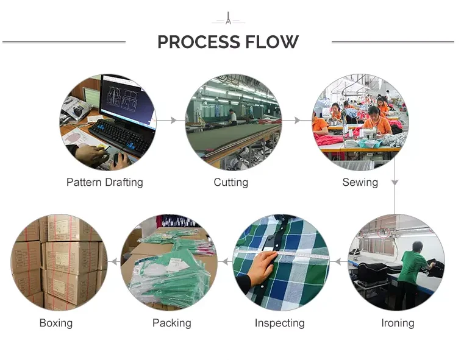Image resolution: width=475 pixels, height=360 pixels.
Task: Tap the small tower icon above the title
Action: pos(228,18)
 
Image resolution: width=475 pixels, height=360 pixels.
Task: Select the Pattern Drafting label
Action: pos(104,182)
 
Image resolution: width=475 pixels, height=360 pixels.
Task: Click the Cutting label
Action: pos(230,182)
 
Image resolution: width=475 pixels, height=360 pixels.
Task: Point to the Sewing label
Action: pos(360,182)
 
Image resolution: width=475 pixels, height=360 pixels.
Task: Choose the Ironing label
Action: pos(397,323)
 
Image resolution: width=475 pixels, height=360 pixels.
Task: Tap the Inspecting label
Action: pos(279,323)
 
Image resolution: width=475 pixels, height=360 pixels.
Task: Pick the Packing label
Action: pos(171,323)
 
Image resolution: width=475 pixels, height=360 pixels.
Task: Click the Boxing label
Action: pos(55,323)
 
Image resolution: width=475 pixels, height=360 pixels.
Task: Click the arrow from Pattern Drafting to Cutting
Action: pos(171,121)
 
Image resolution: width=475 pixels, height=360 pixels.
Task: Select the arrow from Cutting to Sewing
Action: pos(297,121)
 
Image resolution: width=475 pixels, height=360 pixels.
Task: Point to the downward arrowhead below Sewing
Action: pos(395,182)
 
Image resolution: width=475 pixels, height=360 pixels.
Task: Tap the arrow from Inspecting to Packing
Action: pos(225,262)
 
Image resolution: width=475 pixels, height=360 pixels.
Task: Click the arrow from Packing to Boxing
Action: pos(113,262)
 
